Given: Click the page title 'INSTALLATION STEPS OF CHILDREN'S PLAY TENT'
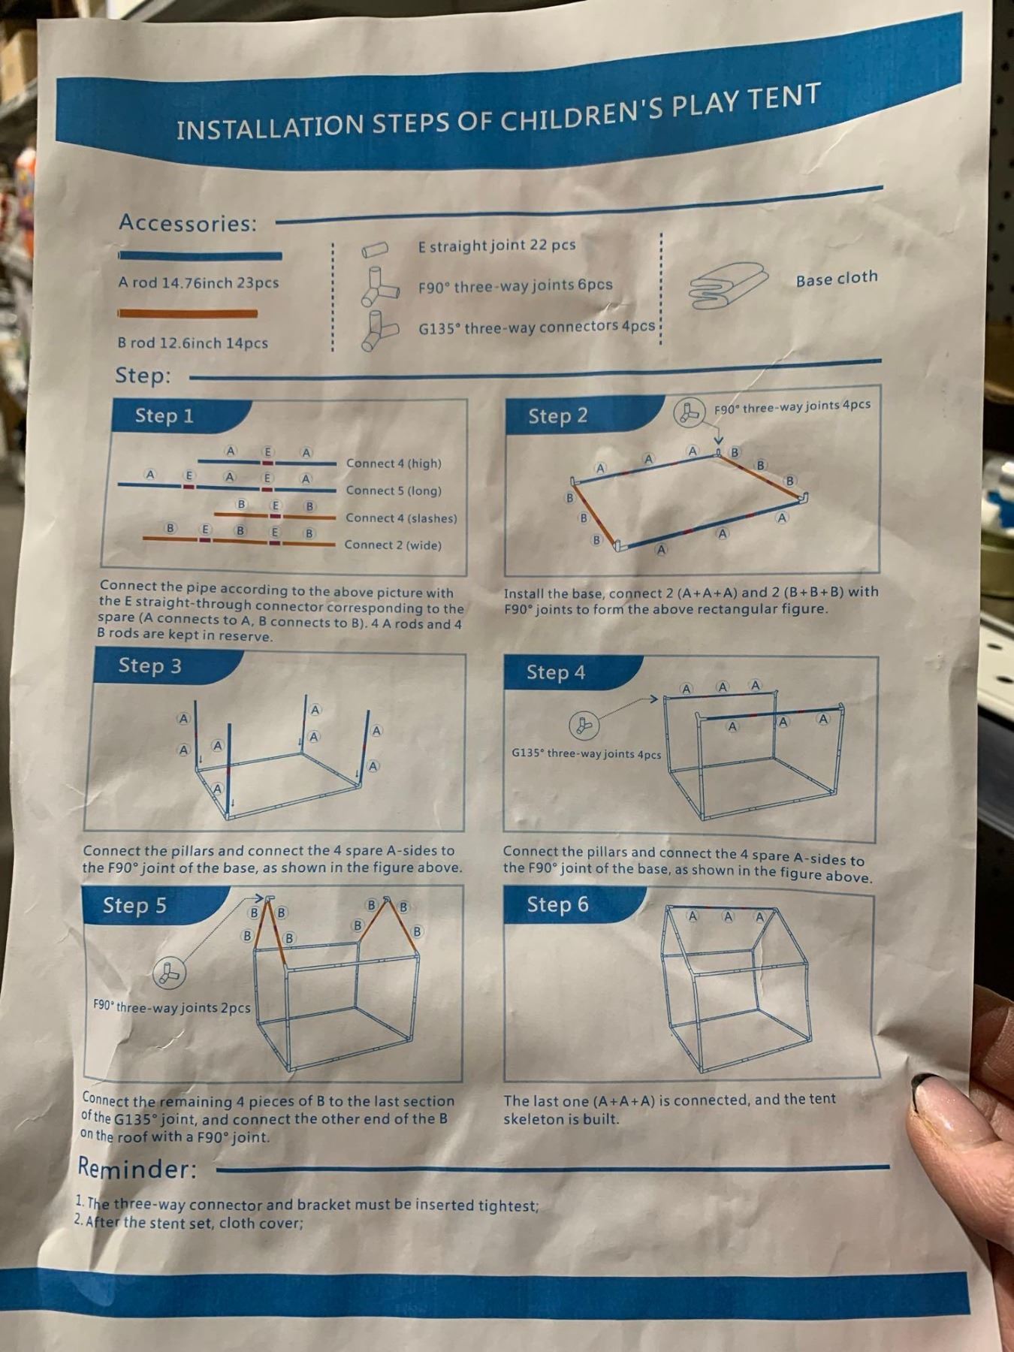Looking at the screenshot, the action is click(x=497, y=113).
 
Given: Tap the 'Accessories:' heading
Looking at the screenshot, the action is click(x=188, y=223).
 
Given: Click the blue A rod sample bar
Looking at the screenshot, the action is click(x=201, y=255).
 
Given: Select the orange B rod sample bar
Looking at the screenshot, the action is click(x=188, y=313).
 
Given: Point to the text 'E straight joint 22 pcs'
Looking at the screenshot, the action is click(x=496, y=246).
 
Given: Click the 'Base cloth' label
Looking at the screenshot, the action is click(x=837, y=279).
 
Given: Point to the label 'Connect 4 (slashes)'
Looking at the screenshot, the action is click(x=401, y=518).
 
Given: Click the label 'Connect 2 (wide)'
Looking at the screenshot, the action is click(x=393, y=545).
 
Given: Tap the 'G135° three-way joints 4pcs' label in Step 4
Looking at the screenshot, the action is click(x=586, y=753).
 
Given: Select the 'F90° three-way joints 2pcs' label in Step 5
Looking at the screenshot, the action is click(x=171, y=1006).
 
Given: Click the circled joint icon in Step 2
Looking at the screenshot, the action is click(x=687, y=413).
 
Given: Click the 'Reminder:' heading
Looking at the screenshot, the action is click(x=137, y=1169).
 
